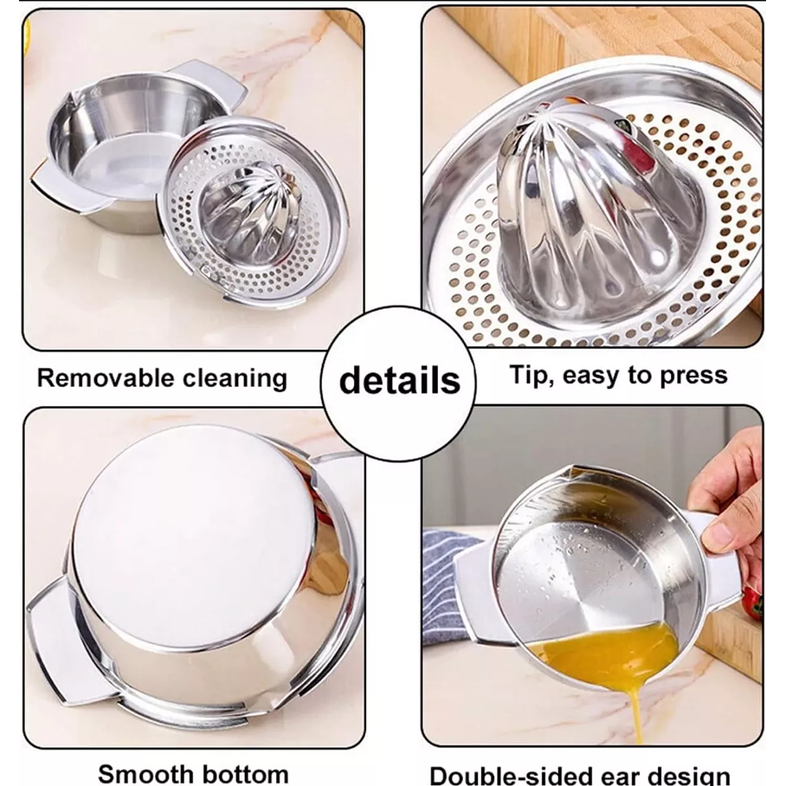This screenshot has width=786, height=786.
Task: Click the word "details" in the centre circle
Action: tap(400, 381)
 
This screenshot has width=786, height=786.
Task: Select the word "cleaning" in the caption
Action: tap(235, 379)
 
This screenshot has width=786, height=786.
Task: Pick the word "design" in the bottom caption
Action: tap(685, 776)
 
